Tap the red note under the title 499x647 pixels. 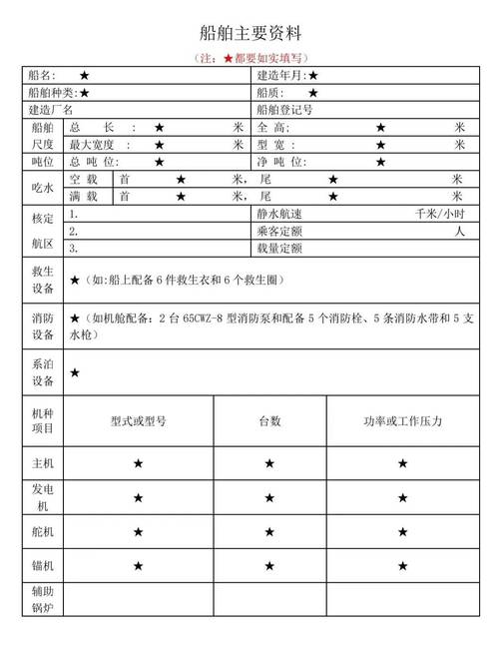tap(249, 59)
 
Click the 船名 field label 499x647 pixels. tap(44, 76)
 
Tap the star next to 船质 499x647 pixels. tap(313, 93)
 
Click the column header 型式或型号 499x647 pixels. tap(139, 421)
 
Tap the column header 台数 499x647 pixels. tap(269, 421)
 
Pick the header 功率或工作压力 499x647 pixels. tap(402, 421)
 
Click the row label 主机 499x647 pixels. tap(43, 463)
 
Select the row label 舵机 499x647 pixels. tap(43, 532)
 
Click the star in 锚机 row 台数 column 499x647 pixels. tap(269, 566)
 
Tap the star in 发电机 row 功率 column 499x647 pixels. tap(402, 497)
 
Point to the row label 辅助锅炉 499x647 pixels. tap(43, 599)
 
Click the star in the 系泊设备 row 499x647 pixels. tap(75, 372)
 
